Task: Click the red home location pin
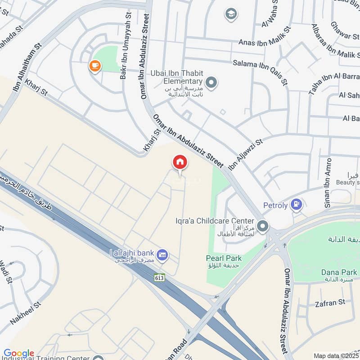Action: tap(180, 162)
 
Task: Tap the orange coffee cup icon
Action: tap(95, 66)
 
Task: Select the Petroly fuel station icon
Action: tap(296, 205)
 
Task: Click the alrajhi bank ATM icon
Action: tap(163, 255)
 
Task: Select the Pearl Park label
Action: tap(224, 258)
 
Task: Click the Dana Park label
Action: tap(339, 272)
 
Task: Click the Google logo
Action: tap(18, 353)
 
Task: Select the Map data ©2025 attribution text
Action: tap(336, 355)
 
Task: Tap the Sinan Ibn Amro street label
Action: tap(328, 182)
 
